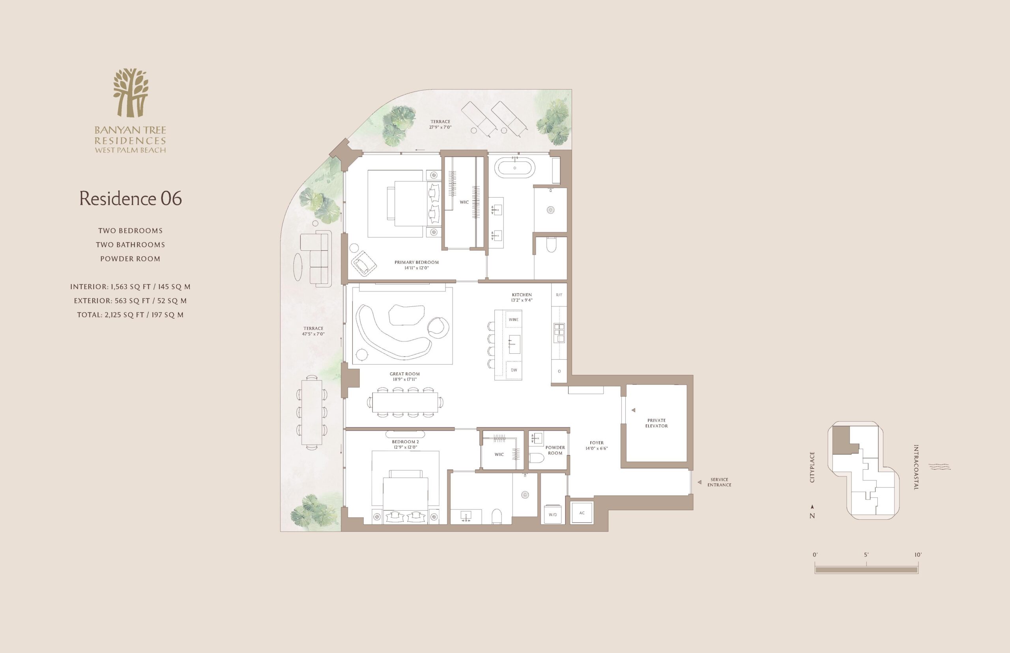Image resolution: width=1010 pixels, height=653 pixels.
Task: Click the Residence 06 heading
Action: (x=131, y=198)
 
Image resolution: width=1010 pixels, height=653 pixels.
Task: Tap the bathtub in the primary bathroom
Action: (x=515, y=168)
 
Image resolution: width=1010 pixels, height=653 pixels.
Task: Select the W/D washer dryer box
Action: (x=553, y=514)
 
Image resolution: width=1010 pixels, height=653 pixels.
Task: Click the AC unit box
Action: (x=582, y=513)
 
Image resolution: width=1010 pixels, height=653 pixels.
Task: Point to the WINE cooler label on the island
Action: (x=514, y=320)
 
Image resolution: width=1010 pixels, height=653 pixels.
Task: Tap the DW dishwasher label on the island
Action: (x=514, y=370)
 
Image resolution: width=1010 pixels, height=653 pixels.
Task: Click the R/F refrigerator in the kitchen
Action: (x=559, y=295)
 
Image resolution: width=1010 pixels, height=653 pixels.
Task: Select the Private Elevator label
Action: (x=656, y=423)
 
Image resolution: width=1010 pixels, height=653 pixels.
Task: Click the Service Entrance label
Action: (x=720, y=482)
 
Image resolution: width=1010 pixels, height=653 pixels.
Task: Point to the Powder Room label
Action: (x=555, y=450)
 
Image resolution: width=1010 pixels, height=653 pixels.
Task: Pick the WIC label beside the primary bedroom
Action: (x=464, y=202)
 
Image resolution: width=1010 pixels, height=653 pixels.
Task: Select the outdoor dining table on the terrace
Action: (x=312, y=411)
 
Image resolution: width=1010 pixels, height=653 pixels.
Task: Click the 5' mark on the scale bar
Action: (x=866, y=555)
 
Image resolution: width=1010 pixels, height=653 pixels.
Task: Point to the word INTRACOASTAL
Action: (x=916, y=467)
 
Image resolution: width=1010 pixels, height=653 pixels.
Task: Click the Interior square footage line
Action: (x=130, y=287)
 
